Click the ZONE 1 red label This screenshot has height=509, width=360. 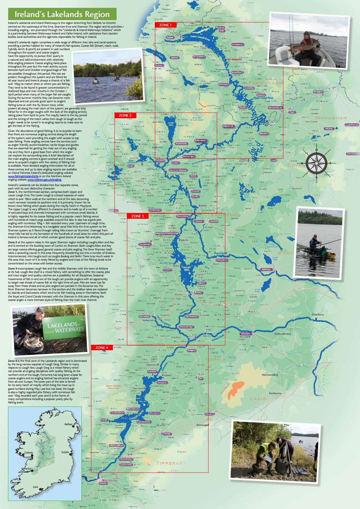[166, 25]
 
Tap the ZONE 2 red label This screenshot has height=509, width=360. [125, 115]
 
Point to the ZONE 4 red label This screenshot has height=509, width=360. [102, 348]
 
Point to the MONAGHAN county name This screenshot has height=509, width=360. [331, 118]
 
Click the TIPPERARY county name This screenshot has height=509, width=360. [171, 463]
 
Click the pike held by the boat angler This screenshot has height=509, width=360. [310, 43]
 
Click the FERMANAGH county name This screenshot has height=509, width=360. [266, 83]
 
